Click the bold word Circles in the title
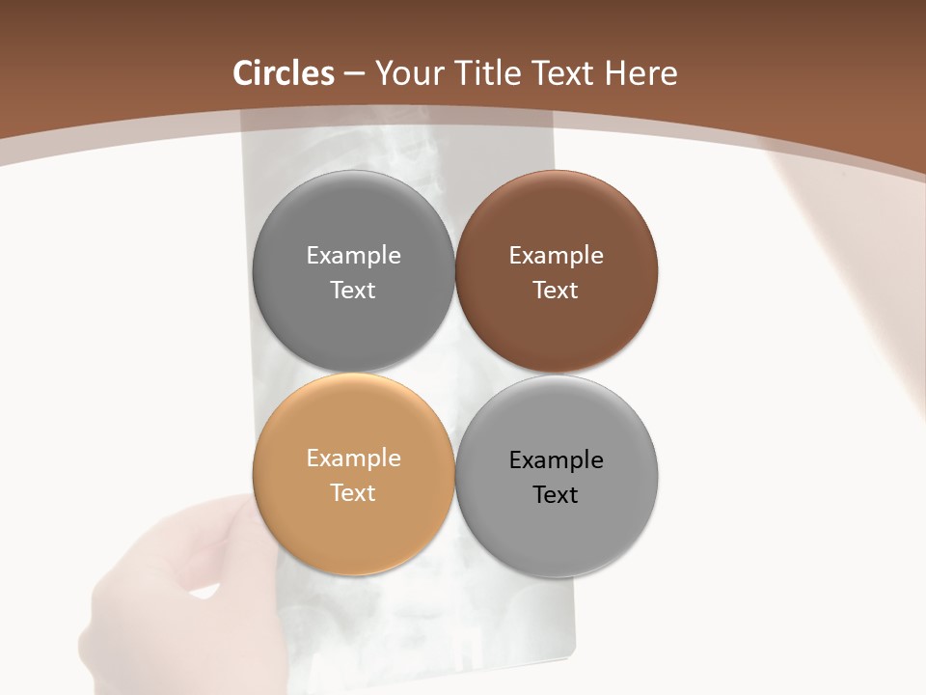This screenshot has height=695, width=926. pyautogui.click(x=284, y=73)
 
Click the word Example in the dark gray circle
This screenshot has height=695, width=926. pyautogui.click(x=353, y=255)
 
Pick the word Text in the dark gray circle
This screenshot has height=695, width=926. pyautogui.click(x=353, y=290)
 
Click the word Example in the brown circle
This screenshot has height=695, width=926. pyautogui.click(x=556, y=255)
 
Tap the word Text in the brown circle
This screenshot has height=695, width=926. pyautogui.click(x=556, y=290)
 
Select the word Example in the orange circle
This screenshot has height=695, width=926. pyautogui.click(x=353, y=458)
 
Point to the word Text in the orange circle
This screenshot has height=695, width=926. pyautogui.click(x=353, y=492)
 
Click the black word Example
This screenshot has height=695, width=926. pyautogui.click(x=556, y=459)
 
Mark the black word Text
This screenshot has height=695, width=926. pyautogui.click(x=556, y=494)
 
